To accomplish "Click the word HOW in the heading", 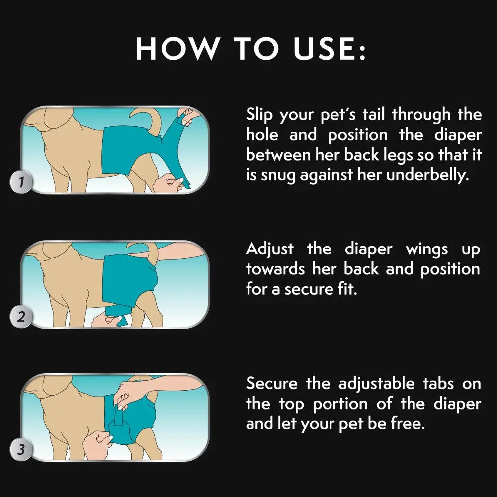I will (x=177, y=48).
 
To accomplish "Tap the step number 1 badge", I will (x=21, y=182).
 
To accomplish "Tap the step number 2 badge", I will (x=21, y=317).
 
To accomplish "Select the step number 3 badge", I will (x=21, y=450).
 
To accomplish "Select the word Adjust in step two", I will (x=270, y=248).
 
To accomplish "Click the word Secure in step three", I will (x=272, y=383).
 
